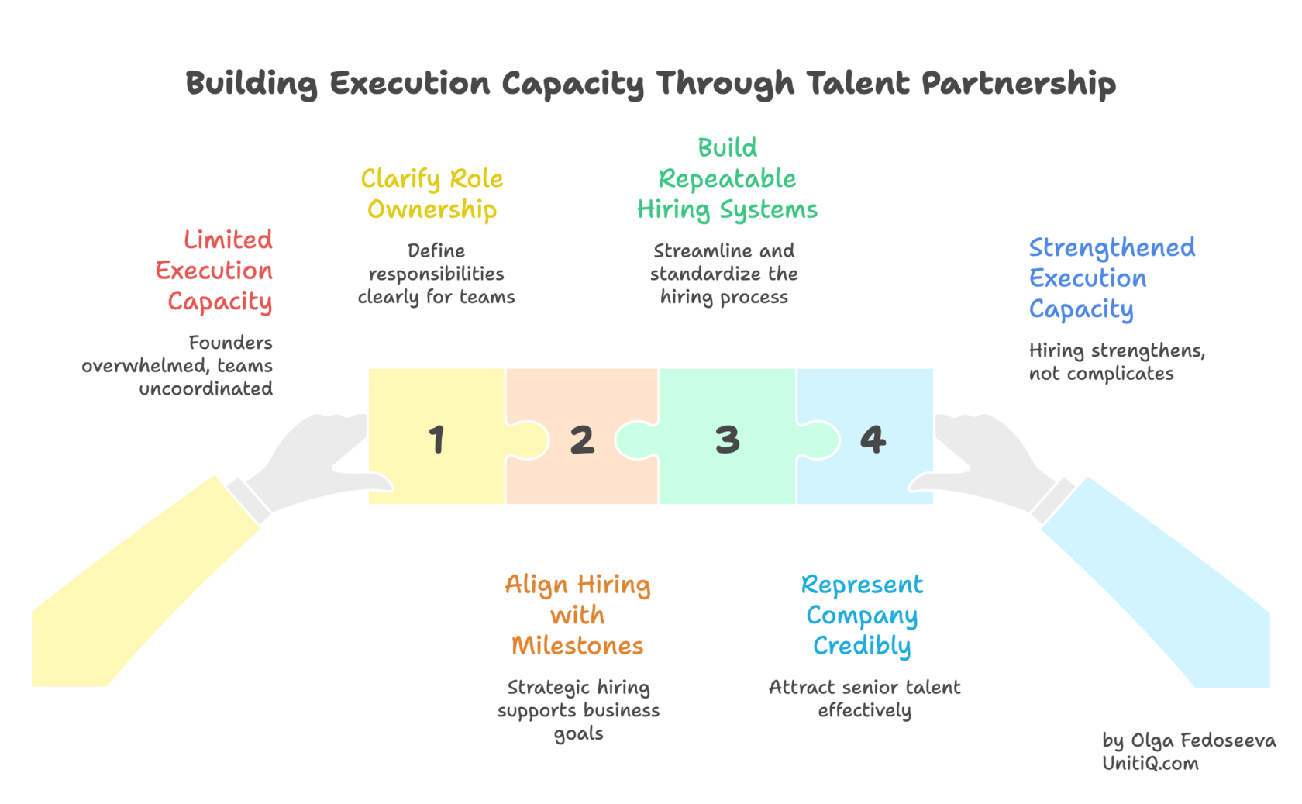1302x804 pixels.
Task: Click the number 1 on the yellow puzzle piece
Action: [437, 439]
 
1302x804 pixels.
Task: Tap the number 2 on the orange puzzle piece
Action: [582, 440]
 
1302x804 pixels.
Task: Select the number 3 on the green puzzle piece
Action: [727, 440]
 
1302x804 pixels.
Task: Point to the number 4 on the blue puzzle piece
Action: [873, 440]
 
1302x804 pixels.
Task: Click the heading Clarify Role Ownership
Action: [432, 194]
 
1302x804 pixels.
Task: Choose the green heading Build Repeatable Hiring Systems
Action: [727, 179]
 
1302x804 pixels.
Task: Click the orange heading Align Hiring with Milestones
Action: [577, 615]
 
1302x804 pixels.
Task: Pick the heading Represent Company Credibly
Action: [862, 615]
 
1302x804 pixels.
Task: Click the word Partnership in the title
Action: [1018, 84]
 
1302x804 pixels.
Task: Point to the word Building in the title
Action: [251, 84]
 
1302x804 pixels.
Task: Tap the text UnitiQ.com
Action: [1150, 764]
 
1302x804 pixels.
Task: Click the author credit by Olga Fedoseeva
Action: [1189, 740]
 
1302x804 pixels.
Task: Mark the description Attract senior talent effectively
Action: [864, 699]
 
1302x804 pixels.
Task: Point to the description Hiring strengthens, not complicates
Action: [1116, 362]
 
